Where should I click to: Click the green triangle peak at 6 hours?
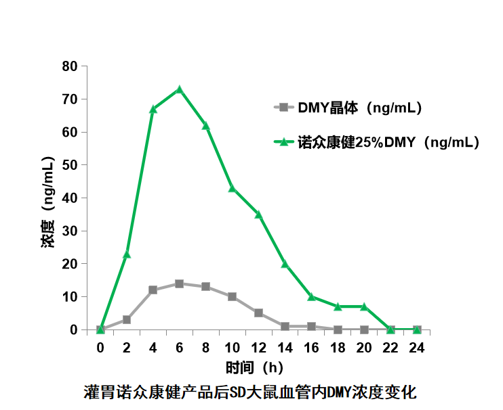[180, 90]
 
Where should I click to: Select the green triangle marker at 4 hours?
[153, 109]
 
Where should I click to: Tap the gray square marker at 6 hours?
[180, 283]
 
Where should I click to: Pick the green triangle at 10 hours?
[232, 189]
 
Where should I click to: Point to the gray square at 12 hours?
[258, 313]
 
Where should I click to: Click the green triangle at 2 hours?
[127, 254]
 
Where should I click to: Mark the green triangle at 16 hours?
[311, 297]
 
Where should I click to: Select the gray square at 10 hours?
[232, 296]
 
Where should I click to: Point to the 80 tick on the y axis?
[70, 66]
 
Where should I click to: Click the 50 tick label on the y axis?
[70, 165]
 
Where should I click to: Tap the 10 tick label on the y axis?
[70, 297]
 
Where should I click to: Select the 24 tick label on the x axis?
[417, 348]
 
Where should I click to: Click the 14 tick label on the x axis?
[285, 348]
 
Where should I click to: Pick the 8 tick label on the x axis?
[205, 348]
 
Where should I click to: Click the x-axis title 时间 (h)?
[255, 368]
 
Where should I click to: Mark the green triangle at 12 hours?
[258, 215]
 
